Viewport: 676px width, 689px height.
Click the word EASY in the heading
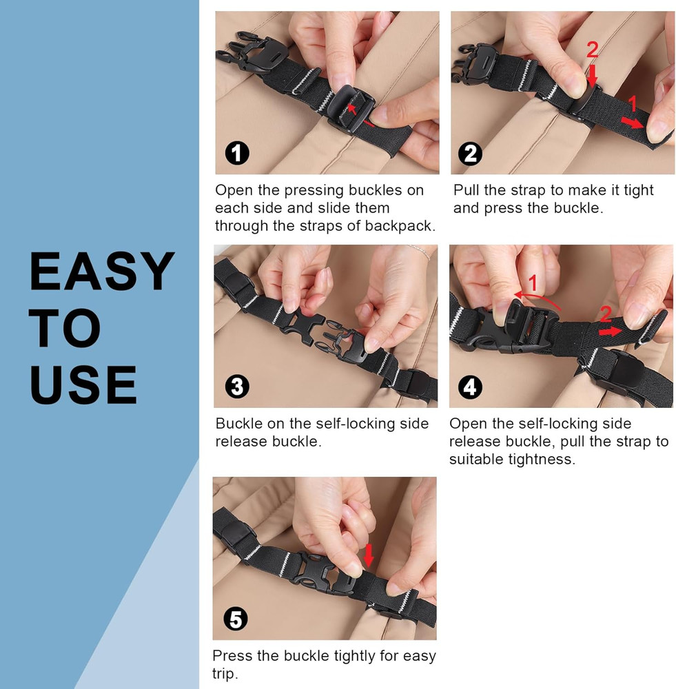[x=102, y=271]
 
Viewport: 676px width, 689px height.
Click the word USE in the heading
[x=83, y=384]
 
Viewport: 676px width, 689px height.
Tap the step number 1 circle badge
[x=238, y=153]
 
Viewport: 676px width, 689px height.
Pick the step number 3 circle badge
[x=236, y=387]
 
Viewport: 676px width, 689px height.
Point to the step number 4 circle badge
[x=470, y=387]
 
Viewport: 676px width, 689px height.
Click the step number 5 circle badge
[x=236, y=619]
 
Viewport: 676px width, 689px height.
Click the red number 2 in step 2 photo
[x=593, y=50]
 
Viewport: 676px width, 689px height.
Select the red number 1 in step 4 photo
[x=532, y=282]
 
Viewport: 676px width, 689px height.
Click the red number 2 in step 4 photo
[x=605, y=314]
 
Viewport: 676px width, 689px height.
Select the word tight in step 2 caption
[x=638, y=190]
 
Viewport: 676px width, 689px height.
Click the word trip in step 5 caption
[x=225, y=673]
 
